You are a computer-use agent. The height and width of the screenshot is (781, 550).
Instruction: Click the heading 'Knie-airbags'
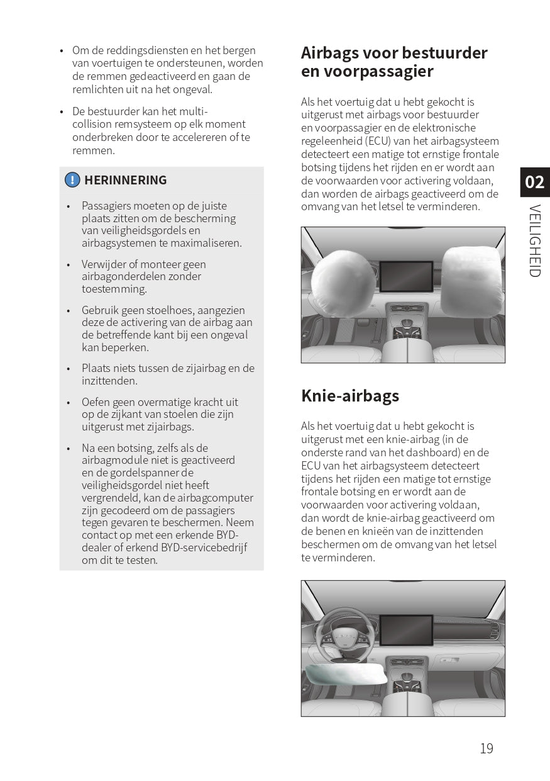[350, 396]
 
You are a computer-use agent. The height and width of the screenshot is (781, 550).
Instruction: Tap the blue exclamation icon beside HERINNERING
[72, 180]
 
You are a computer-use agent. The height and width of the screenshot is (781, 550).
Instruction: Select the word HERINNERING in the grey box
[126, 180]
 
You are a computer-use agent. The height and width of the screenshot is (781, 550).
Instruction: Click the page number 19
[487, 748]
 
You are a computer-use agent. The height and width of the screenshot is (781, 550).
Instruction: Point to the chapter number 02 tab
[534, 183]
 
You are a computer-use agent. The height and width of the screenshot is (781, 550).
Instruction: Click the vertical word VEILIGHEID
[534, 240]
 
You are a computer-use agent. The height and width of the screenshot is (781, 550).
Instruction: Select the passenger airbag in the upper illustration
[471, 281]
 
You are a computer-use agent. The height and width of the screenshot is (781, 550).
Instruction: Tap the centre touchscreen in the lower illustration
[406, 629]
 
